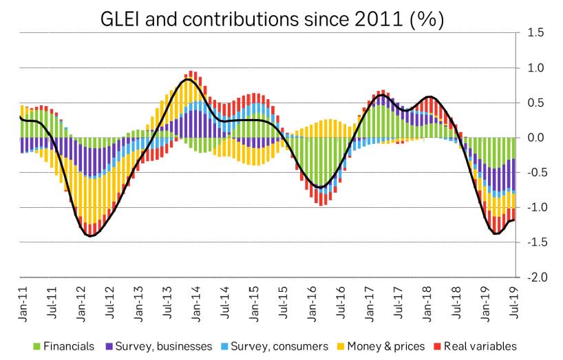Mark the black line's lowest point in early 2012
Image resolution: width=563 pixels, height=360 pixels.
90,236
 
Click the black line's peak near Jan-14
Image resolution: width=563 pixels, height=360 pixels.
189,80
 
